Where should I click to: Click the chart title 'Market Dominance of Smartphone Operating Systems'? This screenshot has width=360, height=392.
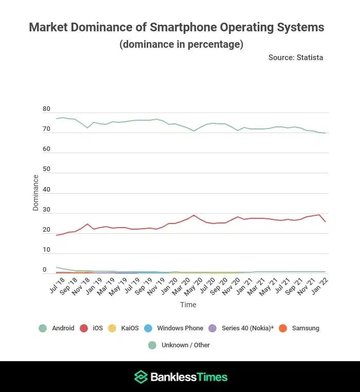(x=176, y=27)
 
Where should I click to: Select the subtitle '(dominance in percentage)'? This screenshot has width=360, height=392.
(x=181, y=44)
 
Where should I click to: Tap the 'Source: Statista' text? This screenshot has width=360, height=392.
(x=296, y=58)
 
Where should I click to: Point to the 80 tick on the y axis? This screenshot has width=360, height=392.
(x=47, y=109)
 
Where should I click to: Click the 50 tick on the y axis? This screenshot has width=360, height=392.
(x=47, y=170)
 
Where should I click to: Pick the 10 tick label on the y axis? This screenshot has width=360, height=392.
(x=47, y=250)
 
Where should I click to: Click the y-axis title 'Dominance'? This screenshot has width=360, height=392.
(x=35, y=193)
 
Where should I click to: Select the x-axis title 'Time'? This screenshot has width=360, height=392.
(x=188, y=305)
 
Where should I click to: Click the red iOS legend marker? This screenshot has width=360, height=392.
(x=84, y=328)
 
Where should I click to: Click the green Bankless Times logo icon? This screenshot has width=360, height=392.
(x=140, y=377)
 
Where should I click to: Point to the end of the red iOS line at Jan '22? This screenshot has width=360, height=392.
(x=325, y=221)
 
